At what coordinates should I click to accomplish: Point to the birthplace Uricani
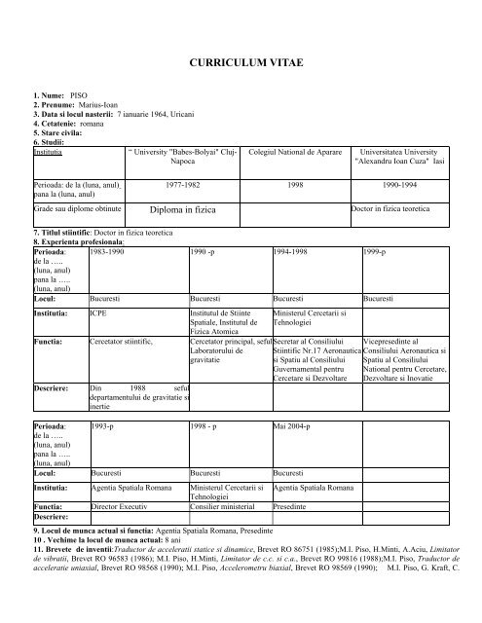pos(201,115)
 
